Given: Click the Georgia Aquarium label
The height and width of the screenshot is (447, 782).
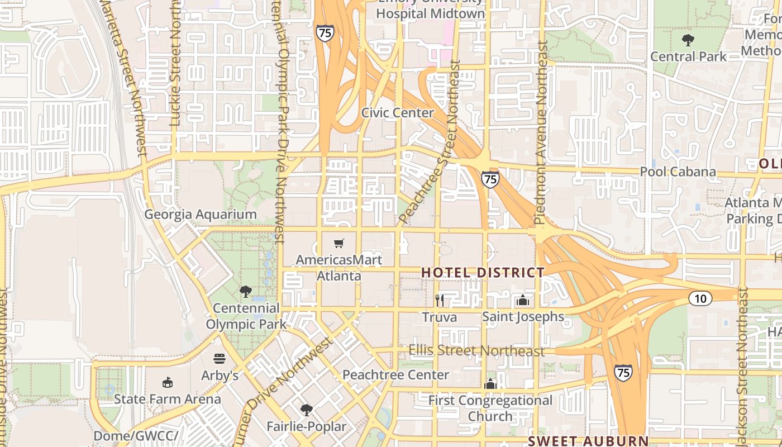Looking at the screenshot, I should tap(201, 215).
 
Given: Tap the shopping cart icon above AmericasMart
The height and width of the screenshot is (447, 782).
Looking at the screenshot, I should tap(338, 243).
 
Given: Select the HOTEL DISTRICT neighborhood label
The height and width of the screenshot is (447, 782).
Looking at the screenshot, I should tap(483, 273).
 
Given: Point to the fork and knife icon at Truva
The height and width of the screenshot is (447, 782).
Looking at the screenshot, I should tap(440, 301).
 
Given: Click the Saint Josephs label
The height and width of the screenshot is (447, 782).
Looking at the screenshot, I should tap(523, 317).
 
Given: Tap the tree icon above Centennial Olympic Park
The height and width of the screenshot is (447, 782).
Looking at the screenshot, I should tap(245, 291).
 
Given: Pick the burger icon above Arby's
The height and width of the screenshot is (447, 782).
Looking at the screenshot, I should tap(220, 358).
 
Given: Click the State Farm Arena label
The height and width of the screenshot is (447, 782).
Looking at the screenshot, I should tap(167, 399).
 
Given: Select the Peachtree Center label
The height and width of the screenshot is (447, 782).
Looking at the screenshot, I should tap(395, 375).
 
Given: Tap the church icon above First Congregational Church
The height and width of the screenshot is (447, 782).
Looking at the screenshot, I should tap(490, 384).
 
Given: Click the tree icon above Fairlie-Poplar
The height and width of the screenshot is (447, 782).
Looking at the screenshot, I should tap(306, 410).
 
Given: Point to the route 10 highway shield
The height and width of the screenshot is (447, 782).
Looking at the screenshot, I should tap(700, 298).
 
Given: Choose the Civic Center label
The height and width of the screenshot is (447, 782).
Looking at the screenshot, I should tap(397, 113).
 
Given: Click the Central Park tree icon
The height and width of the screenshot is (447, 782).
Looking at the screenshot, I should tap(688, 40).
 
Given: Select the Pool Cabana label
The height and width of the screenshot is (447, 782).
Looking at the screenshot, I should tap(678, 172).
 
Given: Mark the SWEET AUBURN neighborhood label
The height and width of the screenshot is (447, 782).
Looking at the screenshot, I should tap(588, 441).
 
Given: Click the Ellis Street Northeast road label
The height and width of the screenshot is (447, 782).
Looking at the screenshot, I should tap(476, 351).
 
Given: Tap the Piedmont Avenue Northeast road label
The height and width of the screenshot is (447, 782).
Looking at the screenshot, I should tap(540, 134).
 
